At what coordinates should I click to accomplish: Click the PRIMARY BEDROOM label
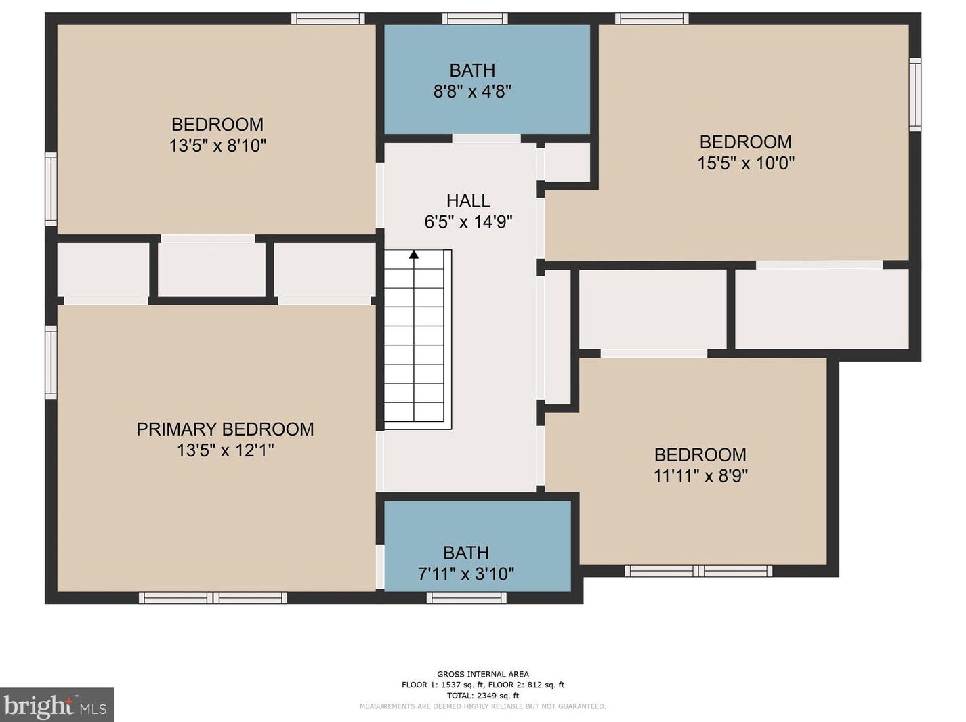click(225, 429)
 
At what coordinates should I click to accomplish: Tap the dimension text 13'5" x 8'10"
click(217, 146)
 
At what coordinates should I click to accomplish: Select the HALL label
click(468, 201)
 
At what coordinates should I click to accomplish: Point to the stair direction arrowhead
click(414, 255)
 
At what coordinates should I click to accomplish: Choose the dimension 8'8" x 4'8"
click(472, 91)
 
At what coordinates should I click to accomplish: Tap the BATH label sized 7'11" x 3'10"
click(466, 553)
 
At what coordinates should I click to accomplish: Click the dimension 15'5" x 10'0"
click(746, 163)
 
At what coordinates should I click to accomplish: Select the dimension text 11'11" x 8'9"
click(700, 476)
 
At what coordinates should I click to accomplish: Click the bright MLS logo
click(57, 706)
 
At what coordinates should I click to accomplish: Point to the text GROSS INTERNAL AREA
click(482, 674)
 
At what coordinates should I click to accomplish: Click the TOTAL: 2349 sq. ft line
click(482, 696)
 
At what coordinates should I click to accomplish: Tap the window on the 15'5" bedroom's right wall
click(915, 95)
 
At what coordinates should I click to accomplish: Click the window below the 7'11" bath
click(466, 597)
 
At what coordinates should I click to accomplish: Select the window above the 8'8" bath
click(475, 18)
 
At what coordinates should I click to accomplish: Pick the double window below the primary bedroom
click(213, 597)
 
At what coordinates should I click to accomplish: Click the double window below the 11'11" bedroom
click(698, 571)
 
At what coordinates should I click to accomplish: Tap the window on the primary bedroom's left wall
click(51, 362)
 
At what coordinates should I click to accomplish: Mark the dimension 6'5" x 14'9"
click(468, 222)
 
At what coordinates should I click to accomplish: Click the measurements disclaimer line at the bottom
click(482, 706)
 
